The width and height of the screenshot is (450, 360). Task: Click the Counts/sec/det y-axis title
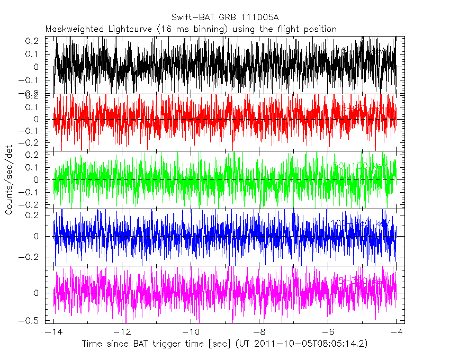(x=9, y=180)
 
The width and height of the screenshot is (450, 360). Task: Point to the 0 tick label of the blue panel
(x=37, y=237)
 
